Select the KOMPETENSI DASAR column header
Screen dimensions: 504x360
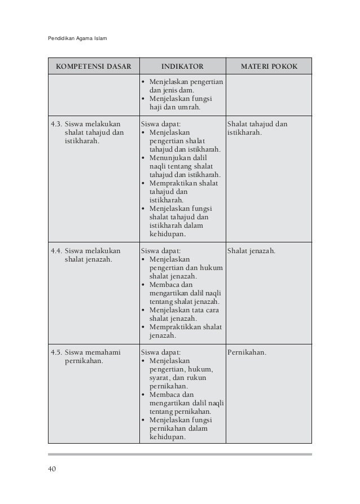93,66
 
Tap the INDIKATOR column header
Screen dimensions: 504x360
182,66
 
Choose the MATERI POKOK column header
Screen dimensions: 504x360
269,66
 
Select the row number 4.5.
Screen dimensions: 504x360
56,353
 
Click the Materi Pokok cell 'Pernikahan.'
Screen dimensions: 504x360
247,353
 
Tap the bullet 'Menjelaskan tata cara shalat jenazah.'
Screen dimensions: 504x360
183,314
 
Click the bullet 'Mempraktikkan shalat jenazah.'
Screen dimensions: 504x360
183,331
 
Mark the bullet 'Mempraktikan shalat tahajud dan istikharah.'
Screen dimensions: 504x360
183,192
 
